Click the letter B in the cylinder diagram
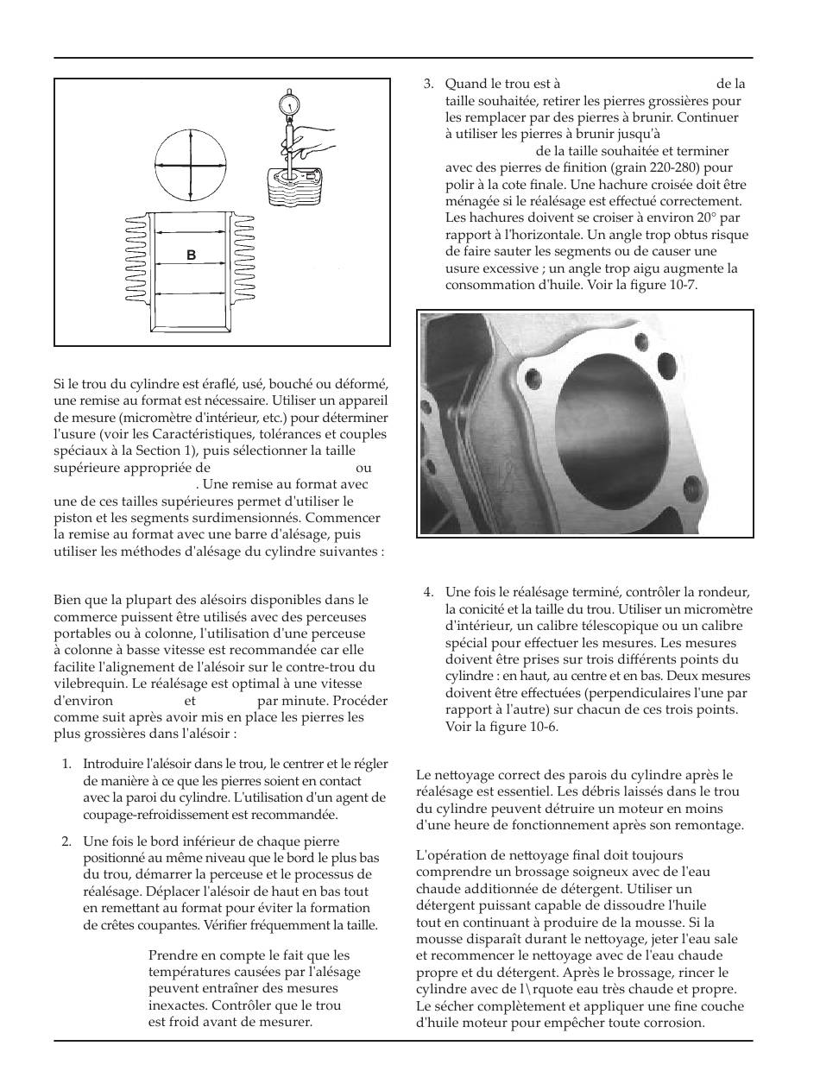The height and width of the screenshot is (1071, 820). pyautogui.click(x=192, y=255)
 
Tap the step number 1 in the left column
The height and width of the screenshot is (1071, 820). pyautogui.click(x=66, y=763)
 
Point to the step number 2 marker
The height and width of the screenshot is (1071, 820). pyautogui.click(x=66, y=841)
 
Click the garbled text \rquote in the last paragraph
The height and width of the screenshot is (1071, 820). pyautogui.click(x=550, y=988)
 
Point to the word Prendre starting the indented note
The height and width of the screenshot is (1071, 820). pyautogui.click(x=175, y=954)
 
